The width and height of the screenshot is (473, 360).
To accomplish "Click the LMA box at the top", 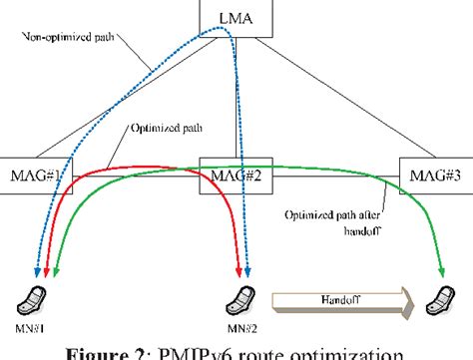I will pos(237,19).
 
